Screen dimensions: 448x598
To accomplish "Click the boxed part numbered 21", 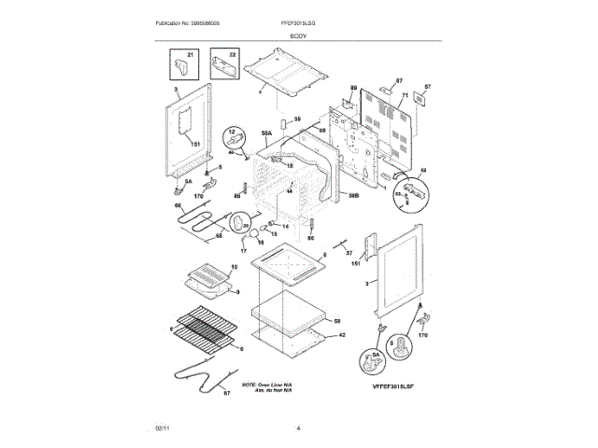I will pyautogui.click(x=179, y=67).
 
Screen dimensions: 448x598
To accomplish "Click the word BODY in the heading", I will pyautogui.click(x=299, y=35).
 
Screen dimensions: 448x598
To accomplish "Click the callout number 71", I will pyautogui.click(x=405, y=96).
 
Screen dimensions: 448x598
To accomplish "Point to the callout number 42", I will pyautogui.click(x=342, y=334).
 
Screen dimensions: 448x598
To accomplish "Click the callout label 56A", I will pyautogui.click(x=266, y=133).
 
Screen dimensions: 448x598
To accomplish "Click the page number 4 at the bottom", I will pyautogui.click(x=297, y=427).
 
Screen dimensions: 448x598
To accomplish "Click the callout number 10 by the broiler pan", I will pyautogui.click(x=234, y=267).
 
